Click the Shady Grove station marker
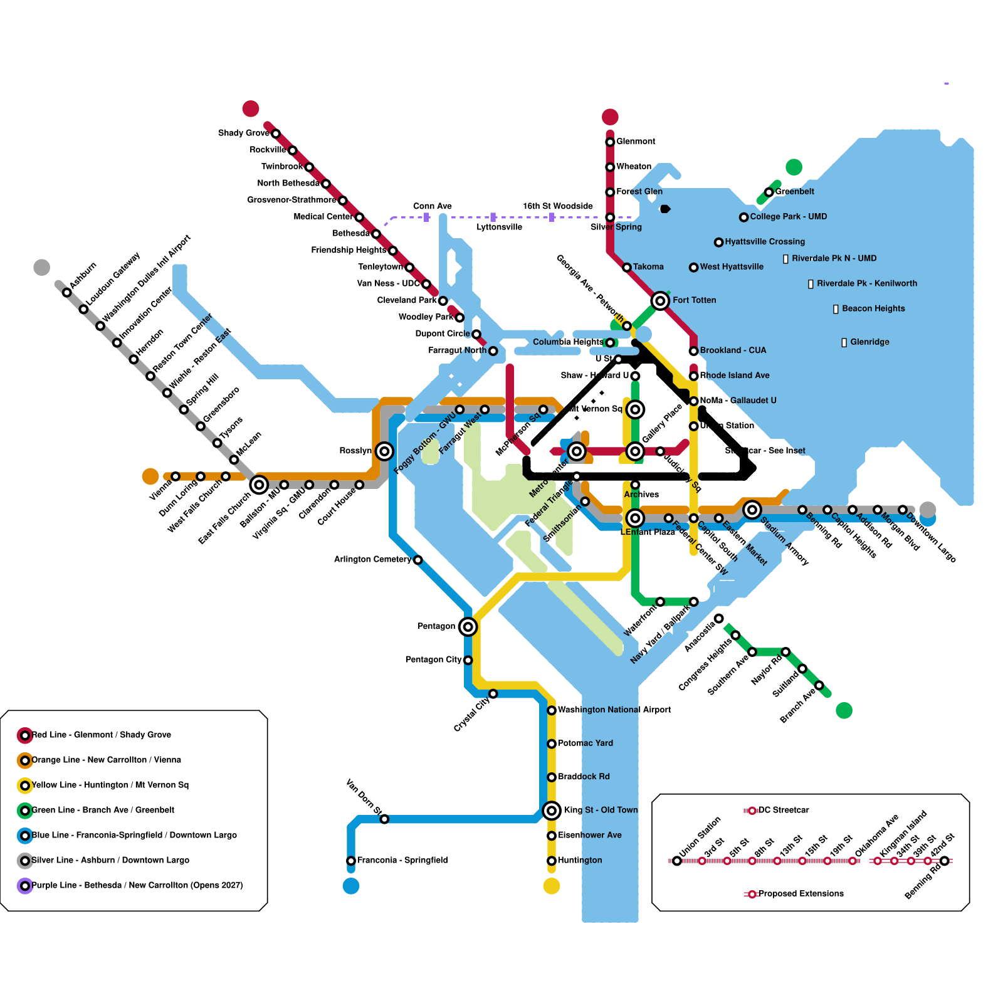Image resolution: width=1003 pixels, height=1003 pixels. pyautogui.click(x=276, y=134)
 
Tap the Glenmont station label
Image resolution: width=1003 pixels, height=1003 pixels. pyautogui.click(x=636, y=142)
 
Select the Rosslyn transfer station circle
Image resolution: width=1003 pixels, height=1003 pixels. pyautogui.click(x=384, y=451)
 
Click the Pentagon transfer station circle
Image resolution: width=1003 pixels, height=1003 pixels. pyautogui.click(x=468, y=626)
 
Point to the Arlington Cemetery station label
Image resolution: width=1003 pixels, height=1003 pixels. pyautogui.click(x=372, y=559)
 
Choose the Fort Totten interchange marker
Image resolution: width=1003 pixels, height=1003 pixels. pyautogui.click(x=660, y=301)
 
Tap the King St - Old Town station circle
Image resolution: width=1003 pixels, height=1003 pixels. pyautogui.click(x=552, y=811)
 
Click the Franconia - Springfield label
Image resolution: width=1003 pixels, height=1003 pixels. pyautogui.click(x=402, y=860)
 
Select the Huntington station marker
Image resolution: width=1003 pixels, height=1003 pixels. pyautogui.click(x=552, y=861)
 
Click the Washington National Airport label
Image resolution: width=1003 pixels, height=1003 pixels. pyautogui.click(x=614, y=710)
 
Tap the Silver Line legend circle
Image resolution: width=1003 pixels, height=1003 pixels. pyautogui.click(x=25, y=861)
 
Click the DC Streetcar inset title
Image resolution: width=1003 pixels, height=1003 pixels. pyautogui.click(x=784, y=810)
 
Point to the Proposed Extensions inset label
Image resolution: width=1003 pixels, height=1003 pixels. pyautogui.click(x=801, y=893)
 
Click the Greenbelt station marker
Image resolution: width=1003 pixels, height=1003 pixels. pyautogui.click(x=769, y=192)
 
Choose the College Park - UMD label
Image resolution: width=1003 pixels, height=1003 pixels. pyautogui.click(x=789, y=217)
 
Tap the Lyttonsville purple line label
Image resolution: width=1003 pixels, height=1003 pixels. pyautogui.click(x=499, y=227)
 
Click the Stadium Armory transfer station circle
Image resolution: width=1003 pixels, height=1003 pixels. pyautogui.click(x=752, y=510)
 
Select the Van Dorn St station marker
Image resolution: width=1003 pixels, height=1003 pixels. pyautogui.click(x=384, y=819)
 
